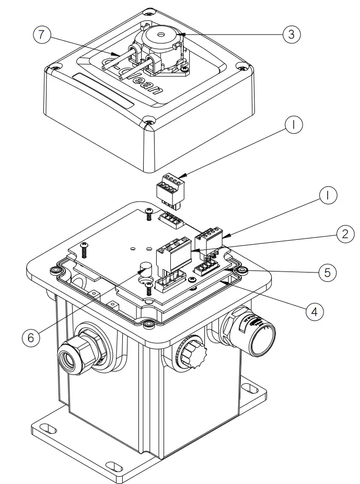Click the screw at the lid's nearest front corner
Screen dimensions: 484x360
point(149,123)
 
